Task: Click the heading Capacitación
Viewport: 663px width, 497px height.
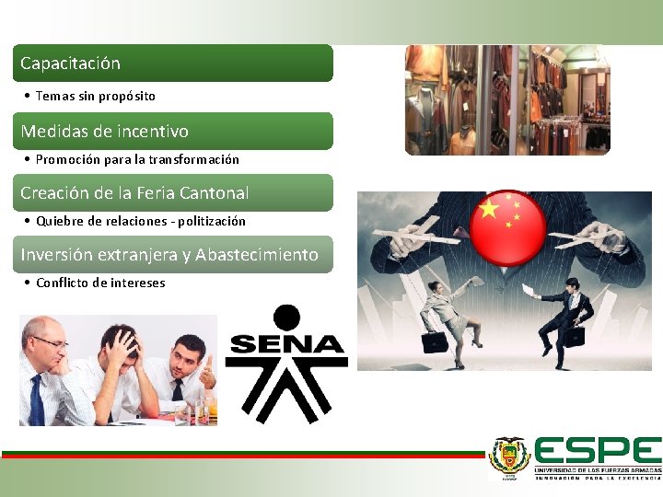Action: click(70, 64)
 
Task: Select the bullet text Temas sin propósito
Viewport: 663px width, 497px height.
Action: click(95, 96)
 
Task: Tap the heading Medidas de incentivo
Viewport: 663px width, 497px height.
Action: click(104, 132)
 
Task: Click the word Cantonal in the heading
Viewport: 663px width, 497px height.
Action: click(214, 193)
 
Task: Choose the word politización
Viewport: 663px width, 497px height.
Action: click(211, 221)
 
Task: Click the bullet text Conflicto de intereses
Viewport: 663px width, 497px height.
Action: click(100, 283)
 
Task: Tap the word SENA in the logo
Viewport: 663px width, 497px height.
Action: click(285, 346)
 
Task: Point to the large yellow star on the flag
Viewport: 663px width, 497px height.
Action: click(489, 211)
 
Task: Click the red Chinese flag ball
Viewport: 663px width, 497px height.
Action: click(507, 222)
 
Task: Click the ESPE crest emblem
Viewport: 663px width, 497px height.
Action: click(509, 456)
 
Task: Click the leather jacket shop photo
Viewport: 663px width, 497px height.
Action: click(507, 100)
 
